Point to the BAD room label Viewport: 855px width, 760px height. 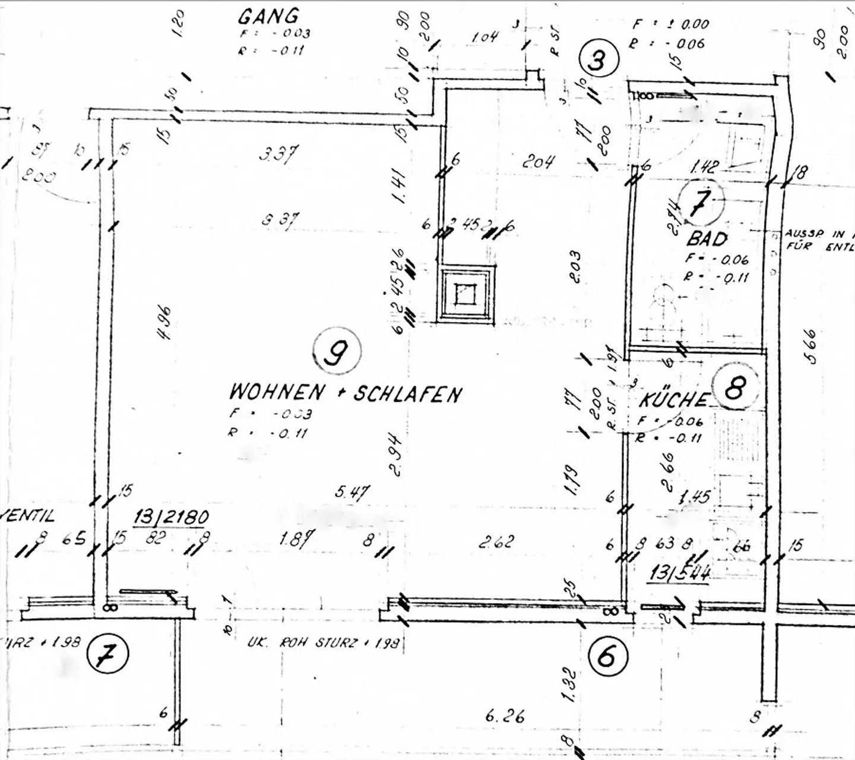click(x=707, y=239)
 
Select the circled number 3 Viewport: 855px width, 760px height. click(x=598, y=60)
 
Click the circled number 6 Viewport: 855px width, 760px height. click(x=607, y=657)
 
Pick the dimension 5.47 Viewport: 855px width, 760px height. click(x=353, y=493)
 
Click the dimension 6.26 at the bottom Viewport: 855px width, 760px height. click(x=505, y=716)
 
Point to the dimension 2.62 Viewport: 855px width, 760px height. click(x=496, y=542)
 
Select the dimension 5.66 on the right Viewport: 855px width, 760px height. click(x=809, y=346)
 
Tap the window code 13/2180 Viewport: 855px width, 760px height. click(x=172, y=516)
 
